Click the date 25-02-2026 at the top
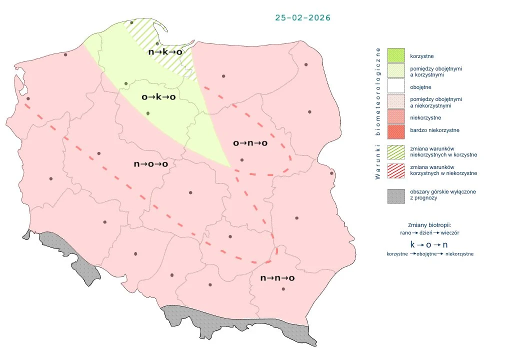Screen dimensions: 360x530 [x=302, y=17]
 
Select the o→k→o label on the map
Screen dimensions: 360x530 [x=158, y=97]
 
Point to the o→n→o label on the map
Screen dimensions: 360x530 [x=250, y=143]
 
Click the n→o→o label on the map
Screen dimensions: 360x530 [x=150, y=163]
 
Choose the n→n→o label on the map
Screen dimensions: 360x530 [x=277, y=278]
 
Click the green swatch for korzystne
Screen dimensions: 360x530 [x=396, y=55]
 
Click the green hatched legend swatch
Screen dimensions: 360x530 [x=396, y=151]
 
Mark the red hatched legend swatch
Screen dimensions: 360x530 [x=396, y=170]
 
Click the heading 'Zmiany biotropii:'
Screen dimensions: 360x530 [x=429, y=225]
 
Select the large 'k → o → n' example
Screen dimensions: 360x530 [x=429, y=244]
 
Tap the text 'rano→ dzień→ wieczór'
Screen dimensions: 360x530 [x=429, y=233]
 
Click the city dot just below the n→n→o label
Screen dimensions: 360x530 [x=283, y=289]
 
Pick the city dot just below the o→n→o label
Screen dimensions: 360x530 [x=242, y=160]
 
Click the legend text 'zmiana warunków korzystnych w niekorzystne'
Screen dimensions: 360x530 [x=443, y=170]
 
